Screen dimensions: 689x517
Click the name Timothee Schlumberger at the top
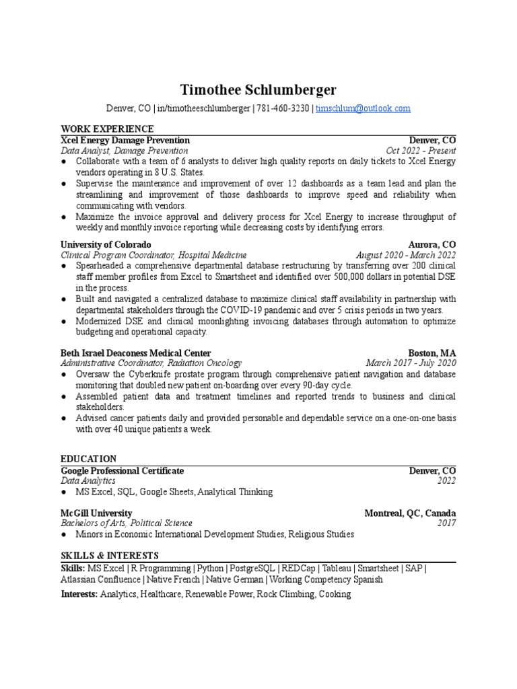(x=258, y=90)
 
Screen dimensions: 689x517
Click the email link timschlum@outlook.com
(x=363, y=108)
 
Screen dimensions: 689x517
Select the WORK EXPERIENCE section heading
(x=107, y=129)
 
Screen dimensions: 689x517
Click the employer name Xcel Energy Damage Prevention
(x=125, y=140)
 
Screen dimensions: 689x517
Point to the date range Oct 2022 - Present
(x=421, y=151)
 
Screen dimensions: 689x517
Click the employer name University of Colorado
(x=106, y=244)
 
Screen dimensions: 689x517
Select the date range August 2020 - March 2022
(x=406, y=255)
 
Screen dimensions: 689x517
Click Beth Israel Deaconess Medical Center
(x=136, y=353)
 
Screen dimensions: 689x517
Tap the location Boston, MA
(x=432, y=353)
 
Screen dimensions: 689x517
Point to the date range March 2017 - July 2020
(x=411, y=363)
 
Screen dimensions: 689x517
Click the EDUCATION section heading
(x=88, y=458)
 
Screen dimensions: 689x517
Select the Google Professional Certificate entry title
(x=122, y=470)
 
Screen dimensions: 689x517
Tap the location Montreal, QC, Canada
(x=410, y=513)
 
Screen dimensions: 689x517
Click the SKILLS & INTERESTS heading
(x=110, y=555)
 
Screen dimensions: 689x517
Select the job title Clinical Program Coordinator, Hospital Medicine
(x=153, y=255)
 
